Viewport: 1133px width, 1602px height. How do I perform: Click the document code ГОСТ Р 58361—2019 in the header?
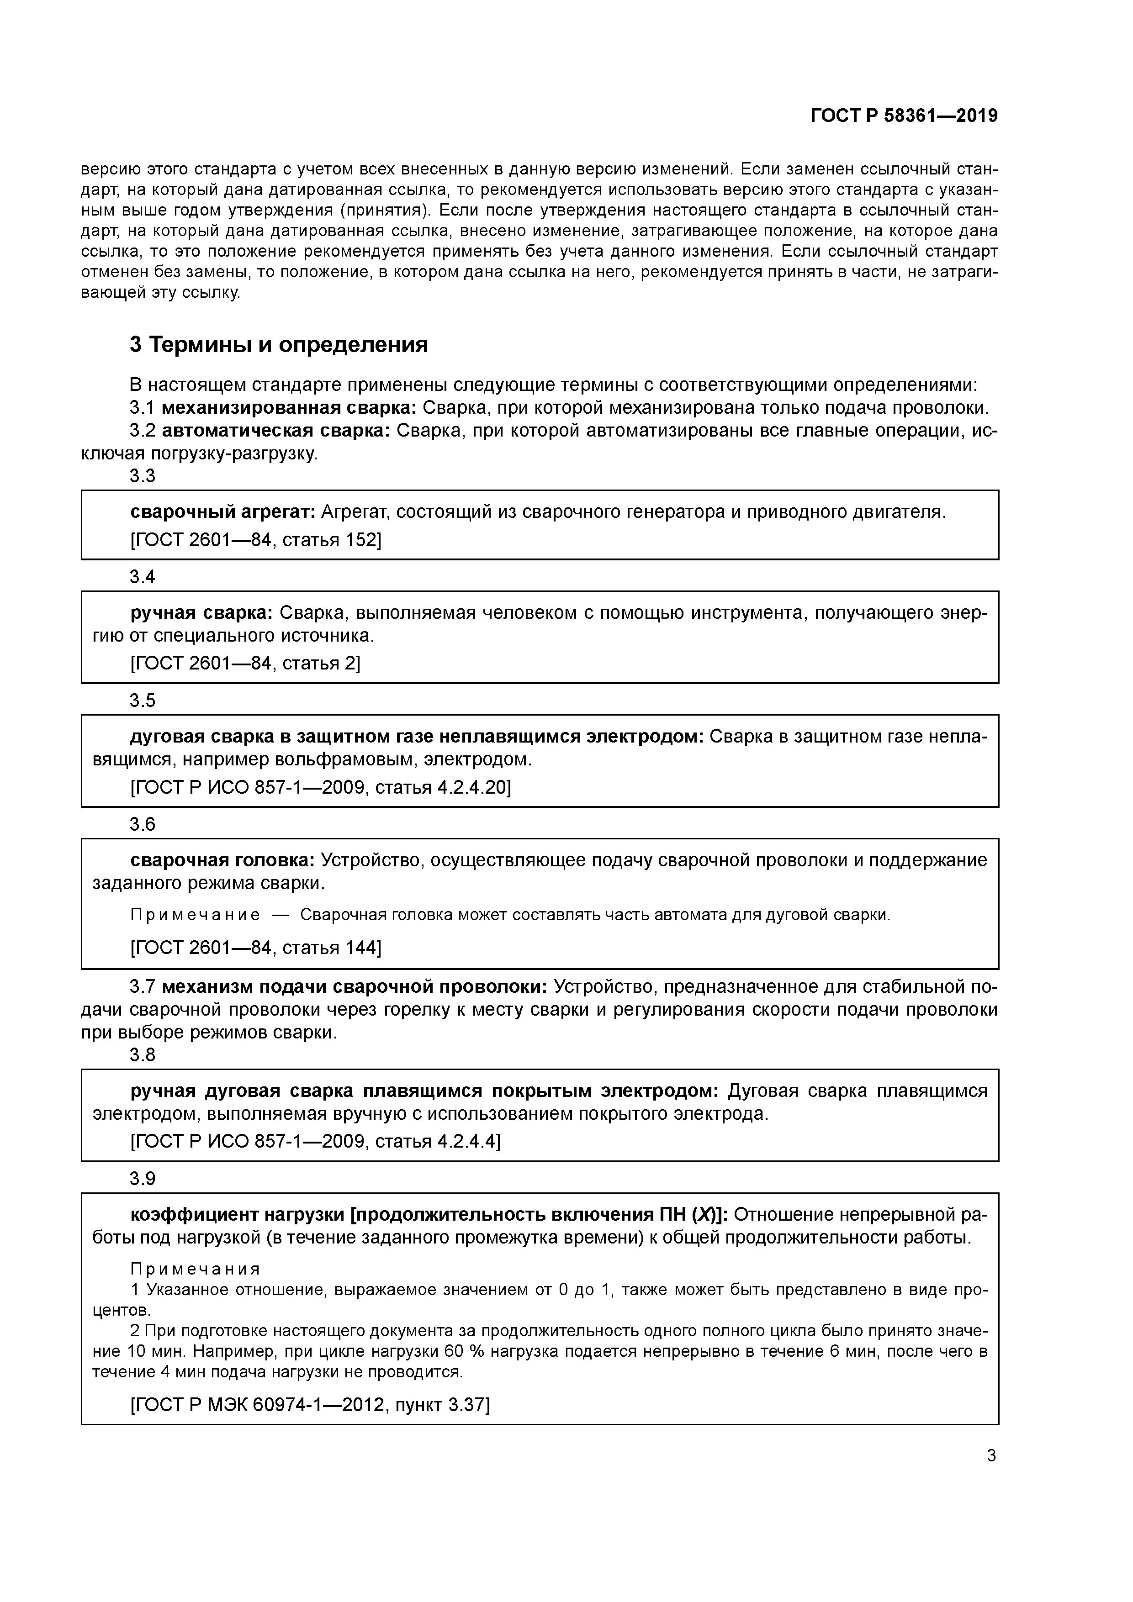point(904,116)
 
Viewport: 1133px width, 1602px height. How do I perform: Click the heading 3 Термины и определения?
point(279,345)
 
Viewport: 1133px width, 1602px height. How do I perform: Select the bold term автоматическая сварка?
point(276,431)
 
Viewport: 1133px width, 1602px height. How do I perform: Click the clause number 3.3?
point(143,477)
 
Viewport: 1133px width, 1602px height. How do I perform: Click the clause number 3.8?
point(143,1055)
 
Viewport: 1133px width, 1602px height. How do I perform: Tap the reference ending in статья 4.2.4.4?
point(316,1142)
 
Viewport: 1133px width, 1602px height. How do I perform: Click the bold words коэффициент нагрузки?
point(238,1215)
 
